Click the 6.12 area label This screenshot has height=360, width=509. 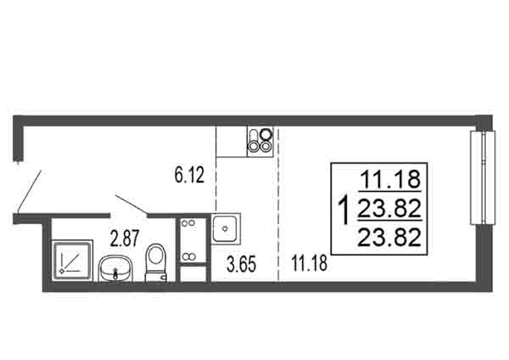pos(189,175)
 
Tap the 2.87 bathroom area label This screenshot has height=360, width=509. pos(125,238)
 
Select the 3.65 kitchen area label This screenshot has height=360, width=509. pos(241,264)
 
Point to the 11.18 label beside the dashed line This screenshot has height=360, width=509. pos(310,263)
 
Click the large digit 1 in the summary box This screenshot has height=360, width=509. pos(344,210)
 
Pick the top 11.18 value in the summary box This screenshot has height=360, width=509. pos(390,179)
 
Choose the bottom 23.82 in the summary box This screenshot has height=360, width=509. pos(389,237)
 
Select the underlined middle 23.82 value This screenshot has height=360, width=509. pos(389,208)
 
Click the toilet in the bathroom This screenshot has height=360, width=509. pos(156,263)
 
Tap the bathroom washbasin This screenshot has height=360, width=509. pos(115,268)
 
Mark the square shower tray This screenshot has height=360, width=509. pos(72,259)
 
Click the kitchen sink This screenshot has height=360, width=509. pos(226,228)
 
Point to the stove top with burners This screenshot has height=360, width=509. pos(260,141)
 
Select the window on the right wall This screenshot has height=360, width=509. pos(483,177)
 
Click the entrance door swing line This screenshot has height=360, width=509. pos(30,192)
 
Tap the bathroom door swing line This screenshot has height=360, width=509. pos(132,205)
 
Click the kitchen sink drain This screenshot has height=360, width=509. pos(225,228)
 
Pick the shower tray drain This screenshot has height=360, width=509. pos(61,271)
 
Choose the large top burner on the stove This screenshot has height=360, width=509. pos(266,133)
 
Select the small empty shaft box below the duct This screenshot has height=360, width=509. pos(193,274)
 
